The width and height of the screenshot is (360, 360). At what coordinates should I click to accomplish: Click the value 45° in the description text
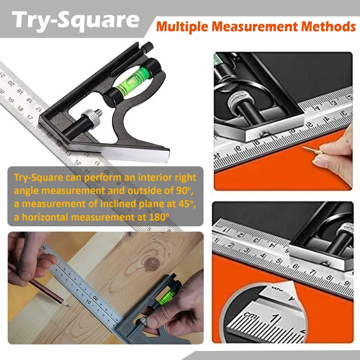click(x=184, y=204)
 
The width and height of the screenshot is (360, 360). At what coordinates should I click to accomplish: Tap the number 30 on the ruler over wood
click(x=44, y=247)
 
